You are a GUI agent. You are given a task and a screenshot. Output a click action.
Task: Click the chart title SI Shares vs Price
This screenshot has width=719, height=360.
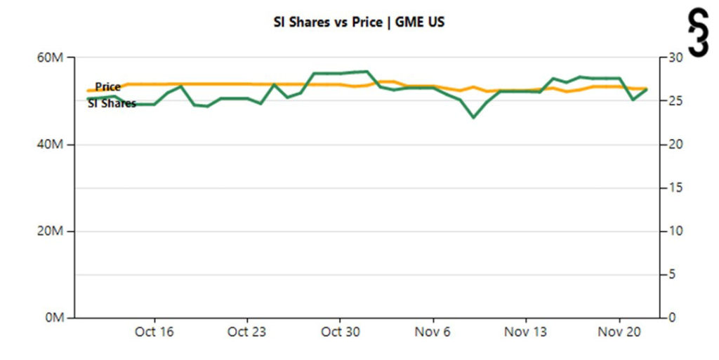tap(359, 22)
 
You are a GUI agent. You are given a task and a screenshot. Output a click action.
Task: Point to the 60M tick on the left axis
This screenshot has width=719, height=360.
tap(52, 58)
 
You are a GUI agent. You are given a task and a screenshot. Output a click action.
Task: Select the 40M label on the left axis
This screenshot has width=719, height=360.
tap(52, 145)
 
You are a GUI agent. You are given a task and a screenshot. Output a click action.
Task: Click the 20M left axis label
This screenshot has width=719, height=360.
tap(52, 232)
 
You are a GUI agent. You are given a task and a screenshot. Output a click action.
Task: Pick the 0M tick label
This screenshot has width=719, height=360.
tap(55, 318)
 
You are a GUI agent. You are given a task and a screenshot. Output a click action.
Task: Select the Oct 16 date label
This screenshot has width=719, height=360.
tap(154, 332)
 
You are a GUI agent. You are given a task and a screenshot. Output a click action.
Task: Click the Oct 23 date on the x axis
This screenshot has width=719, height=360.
tap(247, 332)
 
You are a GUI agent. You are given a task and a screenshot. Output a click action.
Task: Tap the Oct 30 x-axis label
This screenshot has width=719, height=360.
tap(341, 332)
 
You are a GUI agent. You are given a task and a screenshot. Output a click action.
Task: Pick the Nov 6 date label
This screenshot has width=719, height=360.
tap(433, 332)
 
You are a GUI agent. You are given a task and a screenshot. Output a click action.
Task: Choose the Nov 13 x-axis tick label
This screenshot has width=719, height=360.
tap(526, 332)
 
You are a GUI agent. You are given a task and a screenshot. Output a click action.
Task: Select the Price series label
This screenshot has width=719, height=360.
tap(108, 87)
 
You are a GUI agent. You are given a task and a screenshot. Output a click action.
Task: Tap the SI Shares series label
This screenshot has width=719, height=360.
tap(112, 104)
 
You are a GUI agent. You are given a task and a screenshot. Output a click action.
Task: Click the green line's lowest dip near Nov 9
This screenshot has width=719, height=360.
tap(473, 117)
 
